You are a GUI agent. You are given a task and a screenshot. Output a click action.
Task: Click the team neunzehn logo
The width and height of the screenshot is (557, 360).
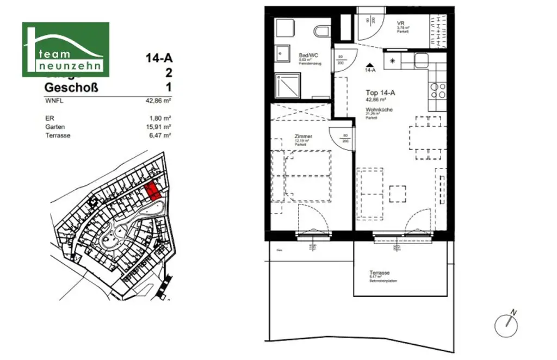click(x=65, y=49)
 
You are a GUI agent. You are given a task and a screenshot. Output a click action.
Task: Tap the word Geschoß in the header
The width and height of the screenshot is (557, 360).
click(x=71, y=88)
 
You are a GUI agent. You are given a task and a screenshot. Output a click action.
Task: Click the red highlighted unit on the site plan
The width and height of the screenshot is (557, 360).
click(x=153, y=191)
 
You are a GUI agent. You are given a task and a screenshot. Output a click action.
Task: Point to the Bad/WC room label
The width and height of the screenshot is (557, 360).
click(x=308, y=55)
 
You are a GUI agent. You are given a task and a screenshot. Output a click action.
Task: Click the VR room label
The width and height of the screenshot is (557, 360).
click(x=400, y=23)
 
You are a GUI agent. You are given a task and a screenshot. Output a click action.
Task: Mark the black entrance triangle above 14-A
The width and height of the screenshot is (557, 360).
click(x=370, y=64)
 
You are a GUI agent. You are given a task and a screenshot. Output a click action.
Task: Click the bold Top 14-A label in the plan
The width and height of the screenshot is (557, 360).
click(x=380, y=93)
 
